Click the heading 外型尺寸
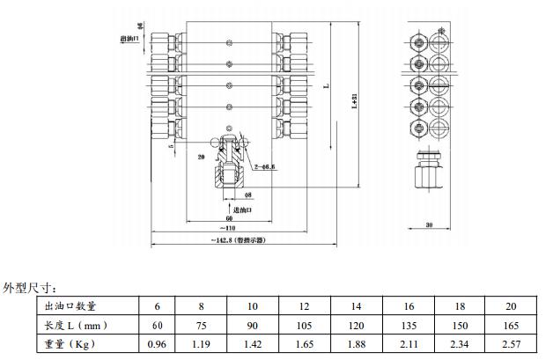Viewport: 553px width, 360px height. click(32, 287)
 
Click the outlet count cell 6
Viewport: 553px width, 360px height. click(158, 305)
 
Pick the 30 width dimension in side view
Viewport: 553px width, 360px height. click(429, 225)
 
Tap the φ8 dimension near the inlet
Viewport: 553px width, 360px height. click(247, 194)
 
